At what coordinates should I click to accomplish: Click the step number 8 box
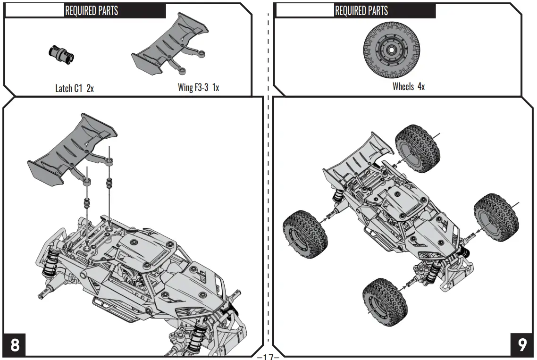pos(15,345)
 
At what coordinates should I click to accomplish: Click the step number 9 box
pos(522,345)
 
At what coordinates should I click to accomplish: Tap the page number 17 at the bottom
pos(268,356)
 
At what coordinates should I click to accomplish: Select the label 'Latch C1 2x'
pos(75,88)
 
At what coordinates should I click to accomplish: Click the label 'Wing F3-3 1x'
pos(198,87)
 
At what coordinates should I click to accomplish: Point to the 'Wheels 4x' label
pos(409,86)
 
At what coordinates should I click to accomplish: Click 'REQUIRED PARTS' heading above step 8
pos(92,10)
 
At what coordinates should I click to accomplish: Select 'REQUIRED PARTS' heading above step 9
pos(361,10)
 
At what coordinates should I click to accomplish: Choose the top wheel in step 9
pos(417,148)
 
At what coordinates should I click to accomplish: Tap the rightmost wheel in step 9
pos(496,217)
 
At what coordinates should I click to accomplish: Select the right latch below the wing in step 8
pos(109,182)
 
